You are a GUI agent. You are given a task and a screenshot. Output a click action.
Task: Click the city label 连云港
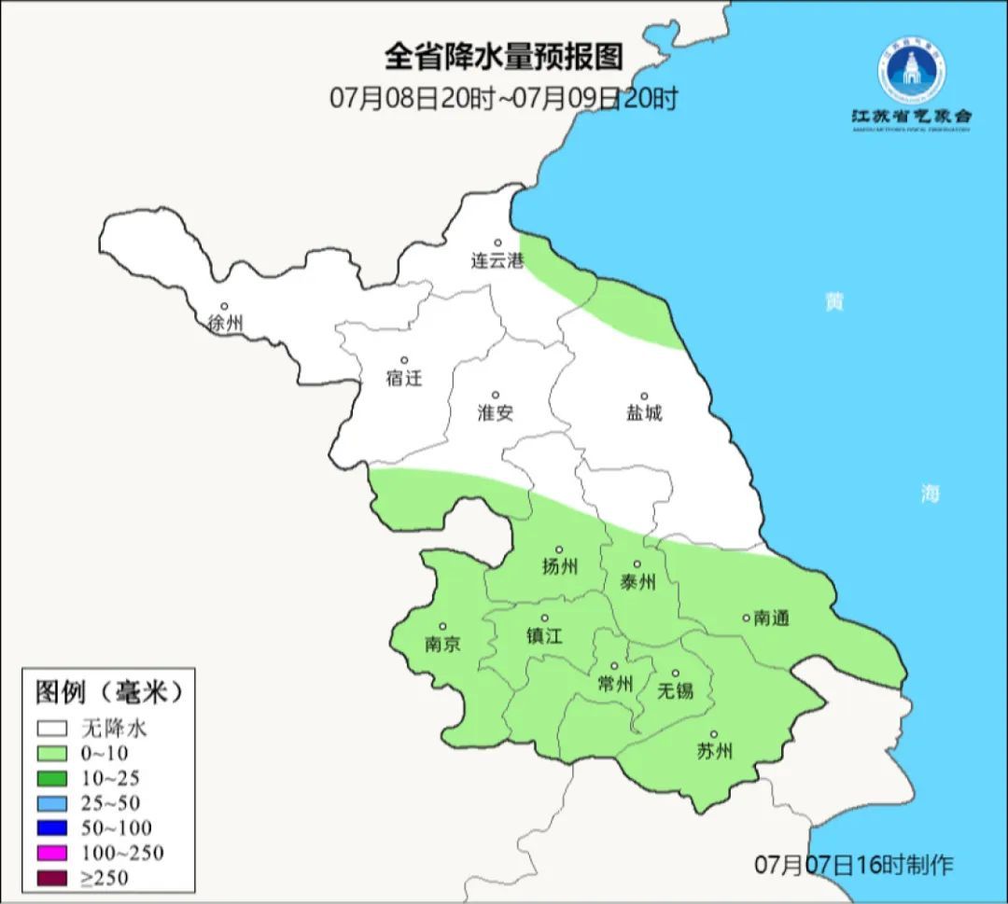497,262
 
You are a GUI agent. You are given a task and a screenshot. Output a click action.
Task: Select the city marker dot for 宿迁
404,360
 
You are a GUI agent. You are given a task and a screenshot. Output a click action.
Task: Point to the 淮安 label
496,413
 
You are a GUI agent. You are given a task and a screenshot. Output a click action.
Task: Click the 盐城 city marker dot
643,396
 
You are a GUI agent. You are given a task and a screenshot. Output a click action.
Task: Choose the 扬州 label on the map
560,567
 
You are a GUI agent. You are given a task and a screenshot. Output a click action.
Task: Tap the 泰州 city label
637,583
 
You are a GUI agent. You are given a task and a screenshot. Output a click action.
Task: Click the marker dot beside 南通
746,617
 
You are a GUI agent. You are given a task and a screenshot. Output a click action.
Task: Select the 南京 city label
442,645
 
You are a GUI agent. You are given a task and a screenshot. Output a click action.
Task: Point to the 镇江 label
545,636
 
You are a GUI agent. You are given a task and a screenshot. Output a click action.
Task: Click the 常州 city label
614,684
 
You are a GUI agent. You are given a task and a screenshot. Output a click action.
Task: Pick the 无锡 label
676,690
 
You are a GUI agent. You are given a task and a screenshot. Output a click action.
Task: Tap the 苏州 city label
714,752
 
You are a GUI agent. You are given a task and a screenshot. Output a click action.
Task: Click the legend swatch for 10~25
52,778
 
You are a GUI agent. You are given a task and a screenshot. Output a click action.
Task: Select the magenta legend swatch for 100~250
52,853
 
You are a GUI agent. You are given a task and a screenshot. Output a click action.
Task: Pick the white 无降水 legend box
52,729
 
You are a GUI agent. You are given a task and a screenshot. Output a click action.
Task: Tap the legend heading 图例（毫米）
107,692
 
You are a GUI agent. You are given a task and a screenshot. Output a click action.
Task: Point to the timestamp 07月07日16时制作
853,865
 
